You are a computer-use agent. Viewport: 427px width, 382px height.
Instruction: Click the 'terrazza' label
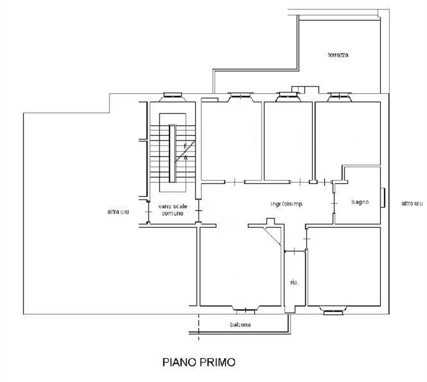pos(338,55)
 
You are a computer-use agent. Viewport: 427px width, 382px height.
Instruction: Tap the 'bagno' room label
pos(360,202)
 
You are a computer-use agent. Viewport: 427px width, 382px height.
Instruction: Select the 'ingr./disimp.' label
pos(287,204)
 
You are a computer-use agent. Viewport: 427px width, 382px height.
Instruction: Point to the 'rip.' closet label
pos(294,283)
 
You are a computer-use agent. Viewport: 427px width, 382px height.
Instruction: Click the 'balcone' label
pos(240,325)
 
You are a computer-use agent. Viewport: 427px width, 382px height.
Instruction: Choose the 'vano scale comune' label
pos(173,210)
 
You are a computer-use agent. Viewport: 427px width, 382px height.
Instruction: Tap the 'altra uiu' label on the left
pos(118,212)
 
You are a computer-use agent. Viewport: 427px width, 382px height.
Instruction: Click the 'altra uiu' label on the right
pos(412,203)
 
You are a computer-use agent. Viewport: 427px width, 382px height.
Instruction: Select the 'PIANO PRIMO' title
pos(199,362)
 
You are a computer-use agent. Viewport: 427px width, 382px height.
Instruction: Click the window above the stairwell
pos(172,96)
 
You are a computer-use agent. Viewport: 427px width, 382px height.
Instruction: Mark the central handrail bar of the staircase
pos(172,154)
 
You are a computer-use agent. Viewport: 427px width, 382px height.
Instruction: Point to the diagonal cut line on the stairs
pos(185,151)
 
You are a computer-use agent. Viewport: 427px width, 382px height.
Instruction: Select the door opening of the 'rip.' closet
pos(295,251)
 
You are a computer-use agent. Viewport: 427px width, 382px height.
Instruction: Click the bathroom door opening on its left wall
pos(334,203)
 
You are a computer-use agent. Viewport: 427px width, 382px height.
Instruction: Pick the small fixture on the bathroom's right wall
pos(383,198)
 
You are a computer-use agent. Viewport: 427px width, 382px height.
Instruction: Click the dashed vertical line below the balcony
pos(198,327)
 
